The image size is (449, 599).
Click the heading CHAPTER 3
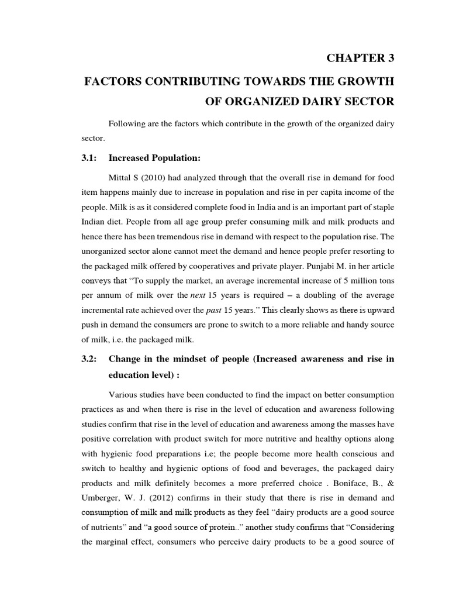(x=360, y=57)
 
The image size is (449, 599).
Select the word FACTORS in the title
(x=111, y=80)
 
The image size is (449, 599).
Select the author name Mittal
(x=121, y=177)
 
